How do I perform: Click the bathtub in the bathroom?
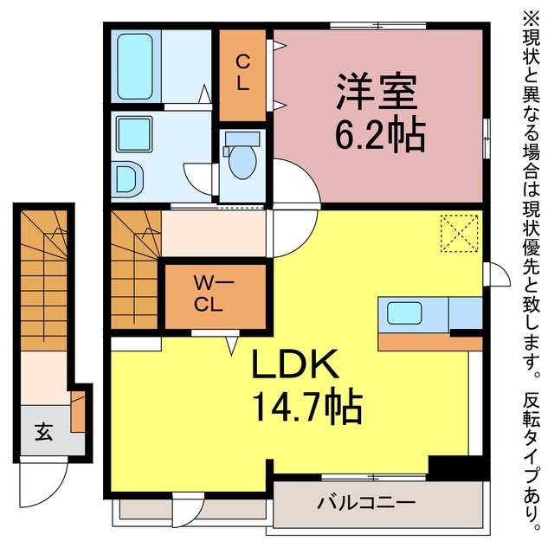pyautogui.click(x=135, y=67)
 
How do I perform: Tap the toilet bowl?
pyautogui.click(x=242, y=161)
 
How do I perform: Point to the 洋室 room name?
pyautogui.click(x=377, y=92)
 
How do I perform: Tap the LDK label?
pyautogui.click(x=294, y=363)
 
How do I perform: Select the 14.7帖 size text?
pyautogui.click(x=307, y=409)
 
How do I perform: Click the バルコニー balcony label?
pyautogui.click(x=365, y=502)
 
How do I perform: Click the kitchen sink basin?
pyautogui.click(x=404, y=313)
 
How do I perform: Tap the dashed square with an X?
pyautogui.click(x=460, y=234)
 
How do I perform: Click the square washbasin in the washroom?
pyautogui.click(x=134, y=134)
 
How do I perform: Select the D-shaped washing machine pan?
pyautogui.click(x=129, y=179)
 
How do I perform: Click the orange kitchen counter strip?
pyautogui.click(x=430, y=343)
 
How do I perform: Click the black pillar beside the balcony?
pyautogui.click(x=458, y=467)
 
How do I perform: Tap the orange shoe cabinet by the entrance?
pyautogui.click(x=78, y=411)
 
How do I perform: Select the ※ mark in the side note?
pyautogui.click(x=531, y=18)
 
